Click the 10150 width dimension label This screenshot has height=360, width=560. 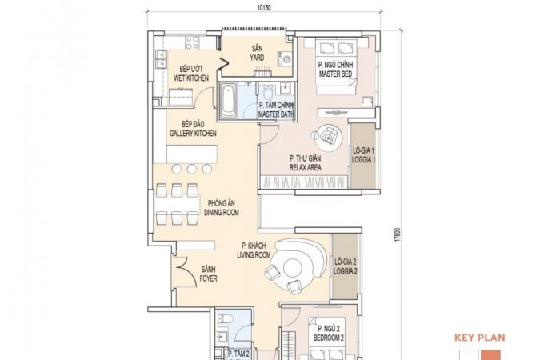(263, 6)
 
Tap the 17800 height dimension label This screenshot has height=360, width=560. (398, 234)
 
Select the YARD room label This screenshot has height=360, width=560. (257, 58)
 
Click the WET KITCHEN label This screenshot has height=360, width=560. (191, 78)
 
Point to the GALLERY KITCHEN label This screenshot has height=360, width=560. (193, 134)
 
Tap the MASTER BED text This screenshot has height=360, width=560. (335, 74)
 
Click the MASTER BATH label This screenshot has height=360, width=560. (276, 114)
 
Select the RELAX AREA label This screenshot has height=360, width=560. (306, 167)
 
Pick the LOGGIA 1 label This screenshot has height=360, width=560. (363, 160)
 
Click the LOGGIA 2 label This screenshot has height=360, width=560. (346, 271)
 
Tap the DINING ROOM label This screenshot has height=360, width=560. (222, 213)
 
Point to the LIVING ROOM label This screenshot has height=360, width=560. (254, 255)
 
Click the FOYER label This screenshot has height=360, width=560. (208, 278)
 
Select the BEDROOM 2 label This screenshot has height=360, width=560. (329, 338)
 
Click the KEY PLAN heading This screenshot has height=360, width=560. (480, 338)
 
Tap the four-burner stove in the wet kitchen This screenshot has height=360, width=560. (192, 42)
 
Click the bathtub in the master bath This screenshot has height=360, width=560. (227, 100)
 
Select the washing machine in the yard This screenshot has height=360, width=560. (285, 58)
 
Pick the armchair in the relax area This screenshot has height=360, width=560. (328, 135)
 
